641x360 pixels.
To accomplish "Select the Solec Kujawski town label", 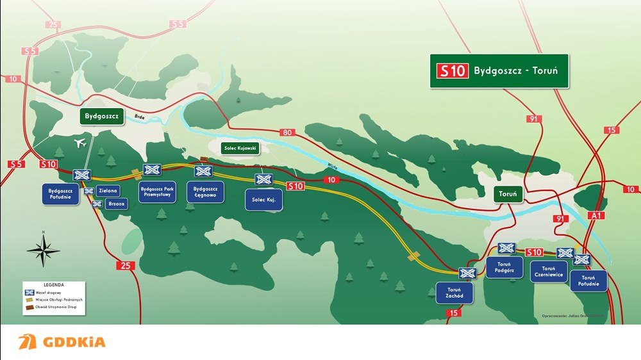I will click(x=240, y=149).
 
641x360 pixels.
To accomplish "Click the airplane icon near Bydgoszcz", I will click(x=81, y=143).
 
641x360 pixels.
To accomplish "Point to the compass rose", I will click(x=43, y=249).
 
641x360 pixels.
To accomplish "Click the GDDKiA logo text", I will click(x=74, y=342).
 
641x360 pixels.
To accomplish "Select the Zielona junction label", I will click(x=108, y=191).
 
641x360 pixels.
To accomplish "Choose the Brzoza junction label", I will click(x=116, y=204).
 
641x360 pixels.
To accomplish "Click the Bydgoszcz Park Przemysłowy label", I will click(x=156, y=192).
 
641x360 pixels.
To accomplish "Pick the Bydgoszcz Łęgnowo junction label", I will click(x=206, y=192).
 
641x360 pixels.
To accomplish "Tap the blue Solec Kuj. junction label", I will click(x=263, y=200).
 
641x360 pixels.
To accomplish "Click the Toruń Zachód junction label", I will click(x=454, y=293).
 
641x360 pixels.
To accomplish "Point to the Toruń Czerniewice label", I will click(x=549, y=272).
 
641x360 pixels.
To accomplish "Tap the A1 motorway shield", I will click(x=597, y=215).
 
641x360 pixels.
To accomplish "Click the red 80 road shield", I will click(x=287, y=133).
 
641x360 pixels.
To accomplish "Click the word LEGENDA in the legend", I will click(x=54, y=284).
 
